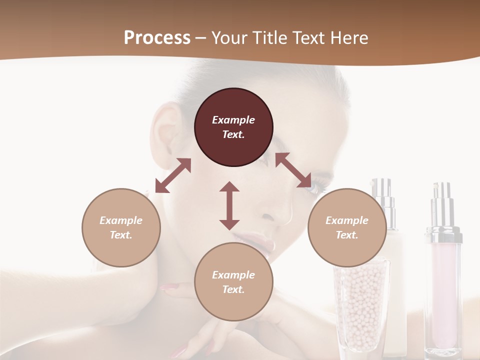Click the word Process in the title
click(157, 38)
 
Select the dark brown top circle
click(233, 127)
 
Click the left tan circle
click(121, 227)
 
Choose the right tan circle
click(347, 227)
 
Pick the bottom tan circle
click(233, 282)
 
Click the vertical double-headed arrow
click(229, 205)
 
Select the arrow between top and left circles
click(173, 175)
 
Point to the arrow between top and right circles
click(293, 170)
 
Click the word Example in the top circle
click(233, 120)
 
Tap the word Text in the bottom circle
click(233, 289)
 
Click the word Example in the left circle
click(121, 220)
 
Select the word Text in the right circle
click(346, 235)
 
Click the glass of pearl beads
click(361, 305)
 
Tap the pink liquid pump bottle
click(443, 280)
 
